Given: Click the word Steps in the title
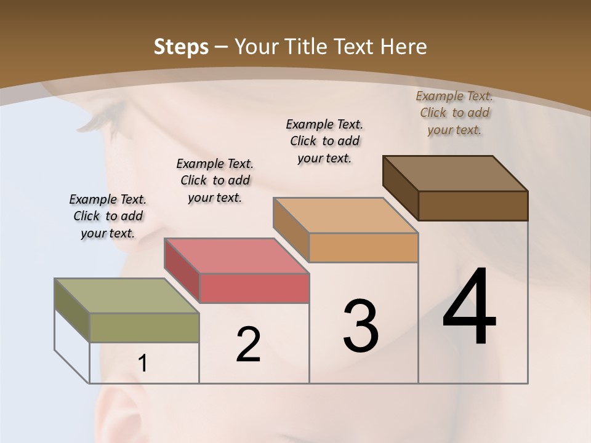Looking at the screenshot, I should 180,47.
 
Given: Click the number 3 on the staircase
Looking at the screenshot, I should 361,326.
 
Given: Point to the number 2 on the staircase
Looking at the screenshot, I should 248,345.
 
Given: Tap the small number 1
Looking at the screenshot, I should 143,364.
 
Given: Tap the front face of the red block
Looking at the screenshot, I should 254,288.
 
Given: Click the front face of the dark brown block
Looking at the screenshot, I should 473,206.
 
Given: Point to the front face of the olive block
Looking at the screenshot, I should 145,327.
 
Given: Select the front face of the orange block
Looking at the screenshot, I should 363,247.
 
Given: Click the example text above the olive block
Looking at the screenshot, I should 108,216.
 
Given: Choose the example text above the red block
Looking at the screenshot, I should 215,180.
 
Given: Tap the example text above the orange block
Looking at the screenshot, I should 324,141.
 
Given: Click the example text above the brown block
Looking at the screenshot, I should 454,113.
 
